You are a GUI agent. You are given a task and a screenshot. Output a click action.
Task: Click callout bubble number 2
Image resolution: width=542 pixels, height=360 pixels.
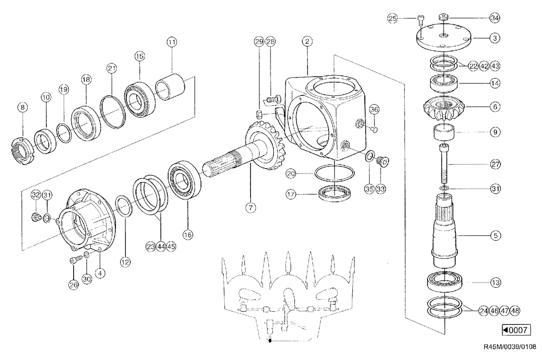pos(307,41)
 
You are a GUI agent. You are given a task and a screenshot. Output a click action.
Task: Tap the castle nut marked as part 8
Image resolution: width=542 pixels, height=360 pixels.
pos(22,149)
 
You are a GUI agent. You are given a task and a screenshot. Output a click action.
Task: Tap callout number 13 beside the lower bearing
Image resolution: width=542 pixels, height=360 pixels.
pos(494,282)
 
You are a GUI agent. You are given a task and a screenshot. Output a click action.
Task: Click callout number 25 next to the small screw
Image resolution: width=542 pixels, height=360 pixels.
pos(393,18)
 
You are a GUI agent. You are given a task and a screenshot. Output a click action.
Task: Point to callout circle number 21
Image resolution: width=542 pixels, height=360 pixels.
pos(112,68)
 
